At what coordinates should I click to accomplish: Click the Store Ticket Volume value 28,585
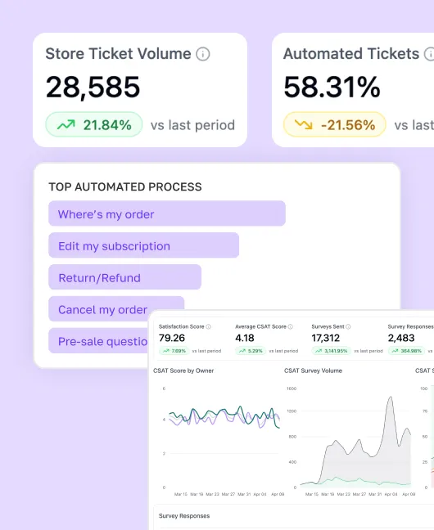(x=93, y=88)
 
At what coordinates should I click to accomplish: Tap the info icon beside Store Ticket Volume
(x=203, y=54)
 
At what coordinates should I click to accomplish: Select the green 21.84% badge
(x=94, y=125)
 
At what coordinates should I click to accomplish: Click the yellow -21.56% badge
(x=334, y=125)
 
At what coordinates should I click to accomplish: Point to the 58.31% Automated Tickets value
(x=332, y=88)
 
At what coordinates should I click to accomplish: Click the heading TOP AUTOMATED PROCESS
(x=124, y=186)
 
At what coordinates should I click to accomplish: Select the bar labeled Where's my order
(x=167, y=214)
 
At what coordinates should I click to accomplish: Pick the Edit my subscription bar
(x=143, y=245)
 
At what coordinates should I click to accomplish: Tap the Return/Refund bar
(x=124, y=277)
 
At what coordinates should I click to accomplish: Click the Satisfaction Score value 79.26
(x=172, y=337)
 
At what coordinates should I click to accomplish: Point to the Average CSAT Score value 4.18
(x=245, y=337)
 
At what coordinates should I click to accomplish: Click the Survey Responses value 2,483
(x=401, y=337)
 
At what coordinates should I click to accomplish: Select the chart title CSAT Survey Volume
(x=313, y=371)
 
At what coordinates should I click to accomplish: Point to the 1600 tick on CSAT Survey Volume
(x=292, y=389)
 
